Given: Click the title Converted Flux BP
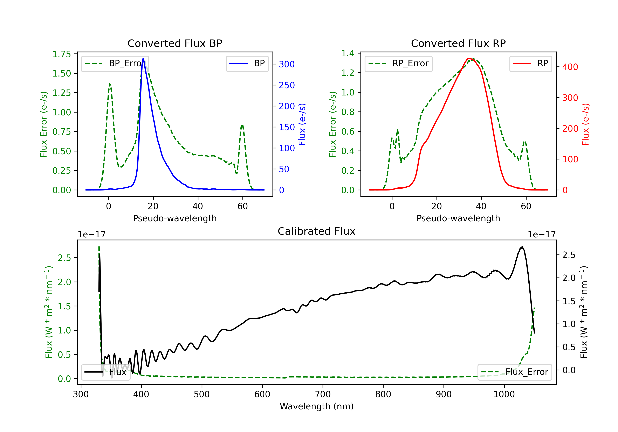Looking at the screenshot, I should (x=175, y=43).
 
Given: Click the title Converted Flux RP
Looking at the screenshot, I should (x=458, y=43).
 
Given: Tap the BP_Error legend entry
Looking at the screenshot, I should (x=115, y=63).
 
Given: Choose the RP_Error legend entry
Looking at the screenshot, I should (x=398, y=63).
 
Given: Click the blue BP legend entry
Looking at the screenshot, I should (x=247, y=63).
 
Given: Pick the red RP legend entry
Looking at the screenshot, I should (x=530, y=63).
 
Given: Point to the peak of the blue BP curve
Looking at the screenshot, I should (x=143, y=58).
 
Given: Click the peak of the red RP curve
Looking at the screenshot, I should (x=469, y=58).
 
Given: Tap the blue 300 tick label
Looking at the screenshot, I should (x=287, y=64).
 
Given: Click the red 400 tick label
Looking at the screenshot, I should (x=570, y=67).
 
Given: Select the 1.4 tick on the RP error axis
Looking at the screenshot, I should (x=348, y=53).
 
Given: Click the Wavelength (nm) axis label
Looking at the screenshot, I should (x=317, y=406).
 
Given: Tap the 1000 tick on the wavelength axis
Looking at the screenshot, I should (x=504, y=394).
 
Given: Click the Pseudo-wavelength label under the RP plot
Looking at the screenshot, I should (x=458, y=218).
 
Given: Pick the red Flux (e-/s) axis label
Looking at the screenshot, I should (x=585, y=124).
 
